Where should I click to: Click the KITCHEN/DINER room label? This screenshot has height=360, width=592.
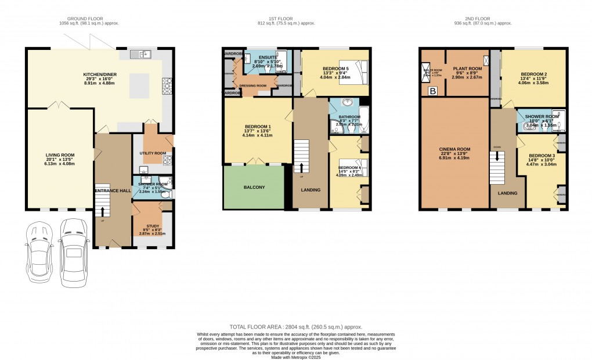pyautogui.click(x=99, y=75)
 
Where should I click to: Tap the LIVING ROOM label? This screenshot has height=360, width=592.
pyautogui.click(x=60, y=155)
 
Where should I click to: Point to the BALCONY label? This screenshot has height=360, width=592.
pyautogui.click(x=254, y=187)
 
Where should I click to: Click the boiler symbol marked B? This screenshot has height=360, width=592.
pyautogui.click(x=432, y=91)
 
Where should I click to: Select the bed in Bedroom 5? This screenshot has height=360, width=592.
pyautogui.click(x=355, y=73)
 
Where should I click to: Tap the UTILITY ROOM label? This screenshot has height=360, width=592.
pyautogui.click(x=153, y=153)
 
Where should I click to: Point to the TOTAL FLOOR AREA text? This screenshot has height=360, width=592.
pyautogui.click(x=295, y=327)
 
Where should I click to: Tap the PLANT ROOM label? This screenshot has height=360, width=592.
pyautogui.click(x=467, y=69)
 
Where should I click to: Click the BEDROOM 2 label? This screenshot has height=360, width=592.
pyautogui.click(x=534, y=75)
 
